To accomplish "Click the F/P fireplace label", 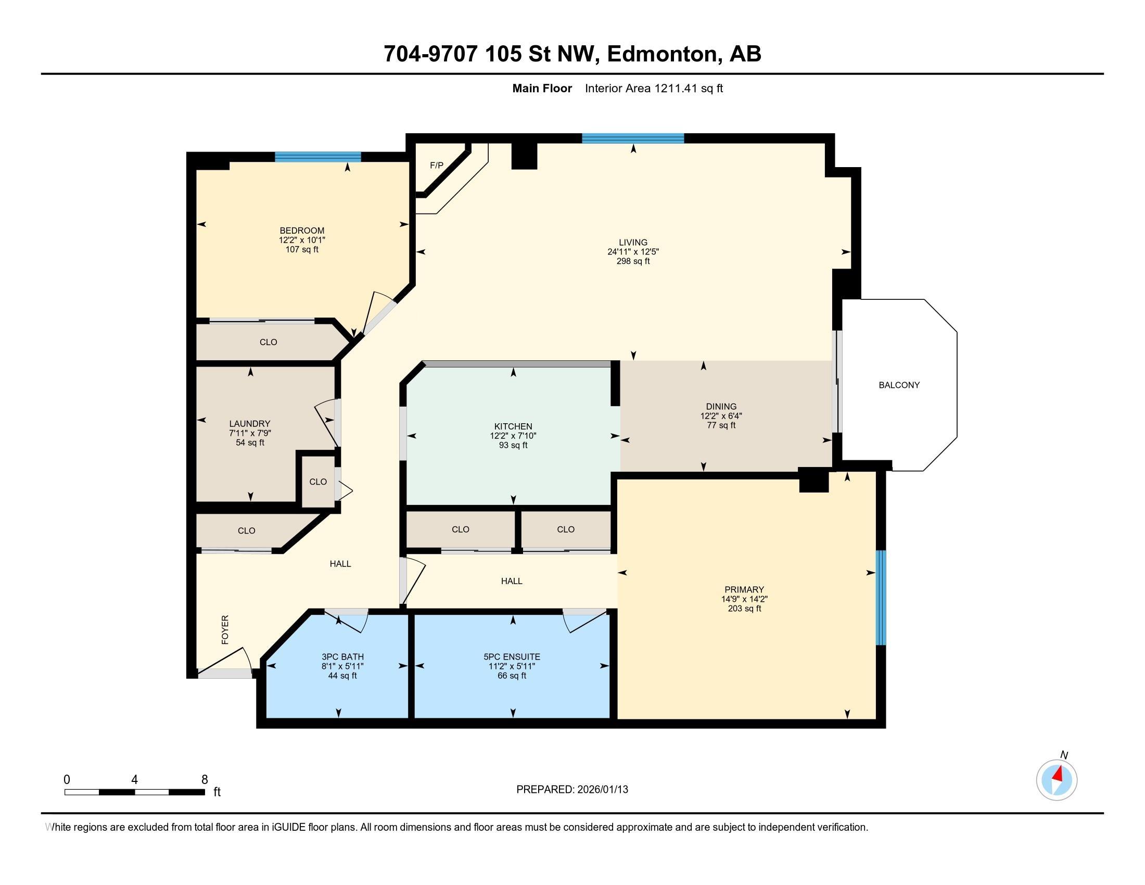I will tap(436, 166).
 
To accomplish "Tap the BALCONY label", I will tap(899, 385).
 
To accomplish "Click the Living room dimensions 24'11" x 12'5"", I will tap(633, 251).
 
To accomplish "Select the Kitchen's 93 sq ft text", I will tap(513, 445).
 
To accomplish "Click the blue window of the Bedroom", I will tap(317, 156).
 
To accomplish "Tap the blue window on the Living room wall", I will tap(633, 138).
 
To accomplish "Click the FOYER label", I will tap(225, 630).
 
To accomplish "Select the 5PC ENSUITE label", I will tap(512, 656).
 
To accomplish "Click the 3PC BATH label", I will tap(342, 656).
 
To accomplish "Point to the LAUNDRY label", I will tap(249, 424).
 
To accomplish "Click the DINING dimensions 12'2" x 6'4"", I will tap(721, 416).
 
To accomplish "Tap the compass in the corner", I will tap(1057, 780).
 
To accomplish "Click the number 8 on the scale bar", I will tap(205, 779).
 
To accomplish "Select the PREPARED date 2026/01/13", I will tap(601, 790).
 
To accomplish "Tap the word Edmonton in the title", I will tap(662, 54).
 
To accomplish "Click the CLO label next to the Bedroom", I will tap(268, 342).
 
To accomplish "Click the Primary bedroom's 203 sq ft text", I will tap(744, 608).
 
